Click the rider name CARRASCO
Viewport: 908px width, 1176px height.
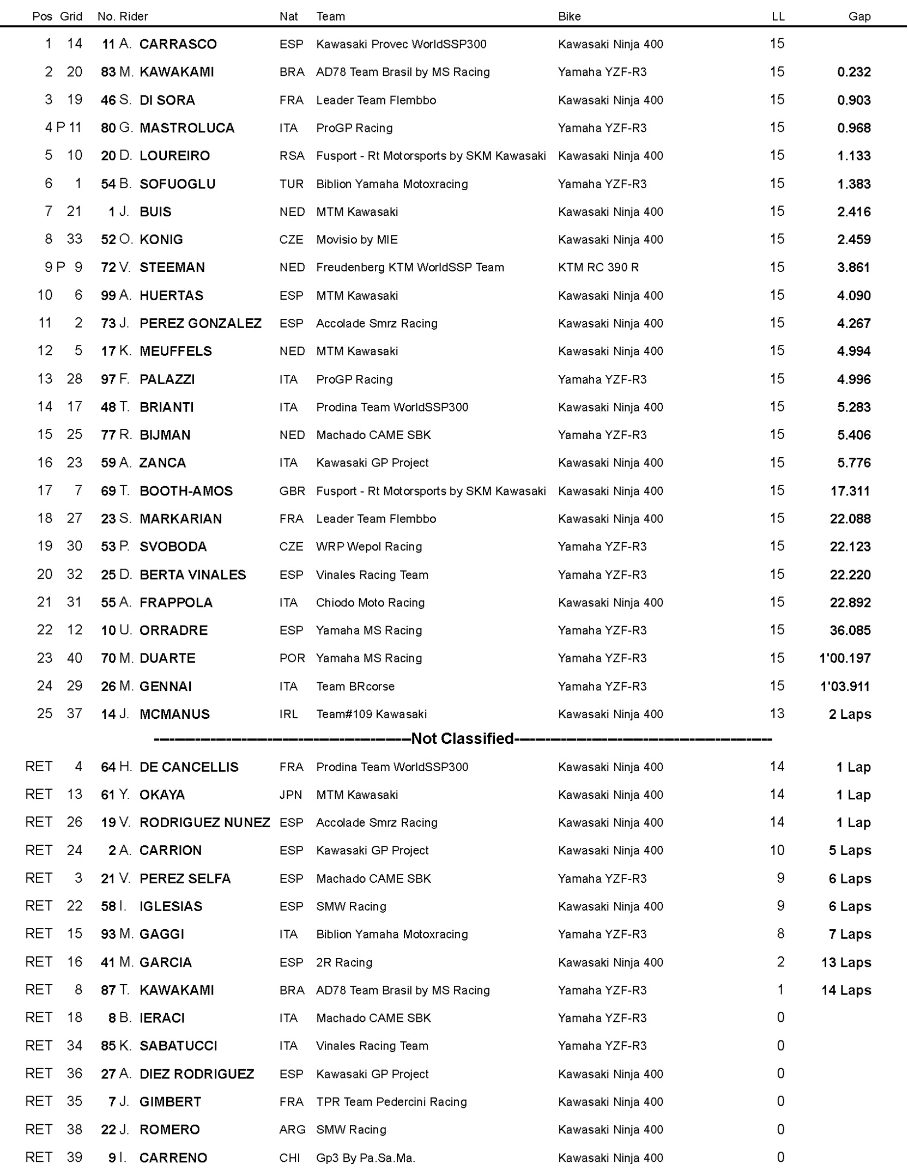178,44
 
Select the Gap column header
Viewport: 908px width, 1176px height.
859,16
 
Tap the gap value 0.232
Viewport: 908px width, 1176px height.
853,72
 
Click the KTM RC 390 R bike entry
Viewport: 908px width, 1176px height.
598,268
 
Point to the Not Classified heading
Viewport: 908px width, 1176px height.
462,738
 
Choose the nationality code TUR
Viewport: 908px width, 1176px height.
291,184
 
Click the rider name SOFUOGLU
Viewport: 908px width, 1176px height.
177,184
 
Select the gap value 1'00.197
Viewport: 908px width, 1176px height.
845,658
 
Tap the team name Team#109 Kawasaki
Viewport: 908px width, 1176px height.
371,714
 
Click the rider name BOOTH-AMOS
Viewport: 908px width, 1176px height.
186,491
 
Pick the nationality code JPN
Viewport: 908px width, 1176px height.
290,795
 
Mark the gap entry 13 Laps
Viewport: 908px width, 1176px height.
846,962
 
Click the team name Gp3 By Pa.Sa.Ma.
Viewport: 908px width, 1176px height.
365,1158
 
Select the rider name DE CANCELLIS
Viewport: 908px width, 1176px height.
189,767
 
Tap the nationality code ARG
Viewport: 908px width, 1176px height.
292,1130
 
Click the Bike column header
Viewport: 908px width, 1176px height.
569,16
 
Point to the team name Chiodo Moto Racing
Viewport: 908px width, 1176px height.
370,603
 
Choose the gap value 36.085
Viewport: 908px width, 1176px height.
850,631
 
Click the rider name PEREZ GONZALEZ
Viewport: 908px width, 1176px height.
200,324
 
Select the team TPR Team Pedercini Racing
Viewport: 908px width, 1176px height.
391,1102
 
